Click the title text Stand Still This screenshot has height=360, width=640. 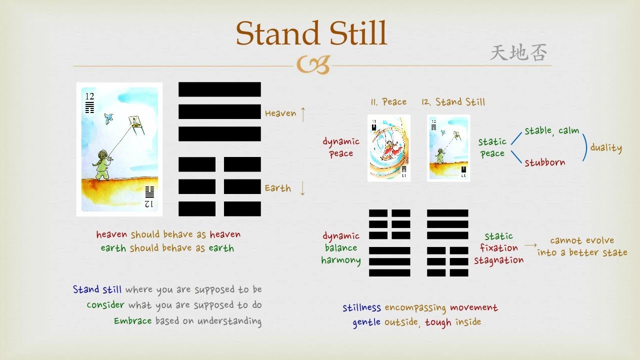coord(311,33)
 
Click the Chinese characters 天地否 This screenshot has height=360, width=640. coord(518,52)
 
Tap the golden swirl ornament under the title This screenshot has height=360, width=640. coord(313,64)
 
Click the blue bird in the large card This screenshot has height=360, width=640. coord(108,118)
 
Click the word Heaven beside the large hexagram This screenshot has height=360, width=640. coord(280,113)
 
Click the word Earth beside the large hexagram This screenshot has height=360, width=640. coord(277,188)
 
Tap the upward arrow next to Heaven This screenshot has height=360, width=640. coord(303,114)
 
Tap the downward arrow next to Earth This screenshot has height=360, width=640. coord(302,188)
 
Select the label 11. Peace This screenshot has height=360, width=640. coord(388,101)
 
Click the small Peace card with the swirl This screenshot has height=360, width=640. coord(389,148)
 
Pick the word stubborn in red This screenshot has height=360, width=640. coord(545,162)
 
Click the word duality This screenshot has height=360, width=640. coord(606,147)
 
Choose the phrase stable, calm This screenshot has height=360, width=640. coord(551,131)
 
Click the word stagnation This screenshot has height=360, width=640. coord(499,260)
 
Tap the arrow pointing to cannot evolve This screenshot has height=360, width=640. coord(530,245)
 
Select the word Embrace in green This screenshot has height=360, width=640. coord(133,321)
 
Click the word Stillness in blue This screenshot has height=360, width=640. coord(361,307)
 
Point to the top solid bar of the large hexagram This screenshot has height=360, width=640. coord(219,89)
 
